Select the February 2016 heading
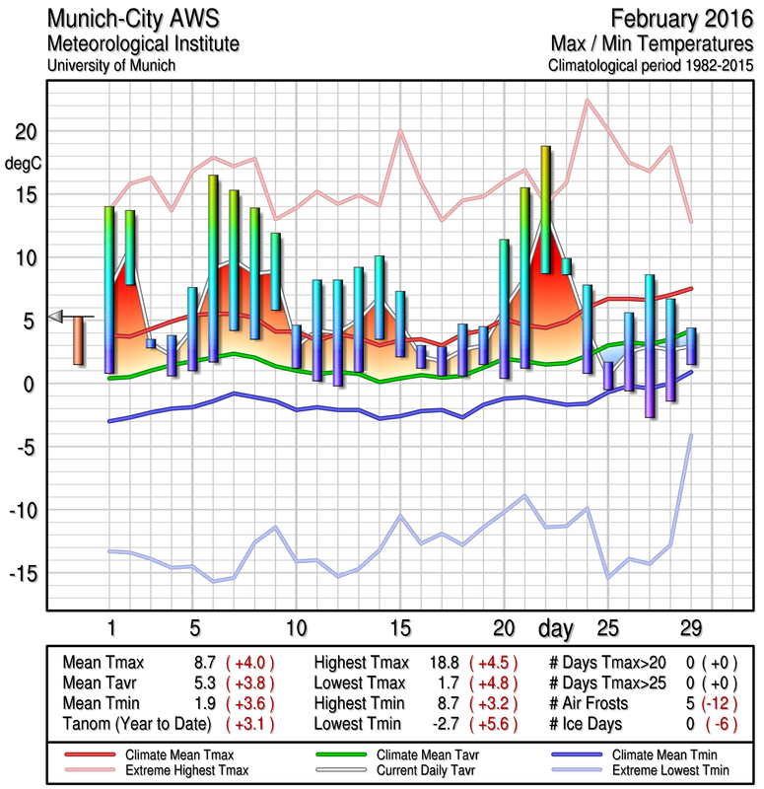tap(682, 19)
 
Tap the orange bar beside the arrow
tap(78, 340)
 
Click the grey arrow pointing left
tap(56, 317)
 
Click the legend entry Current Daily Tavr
tap(404, 768)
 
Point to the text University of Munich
tap(111, 65)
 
